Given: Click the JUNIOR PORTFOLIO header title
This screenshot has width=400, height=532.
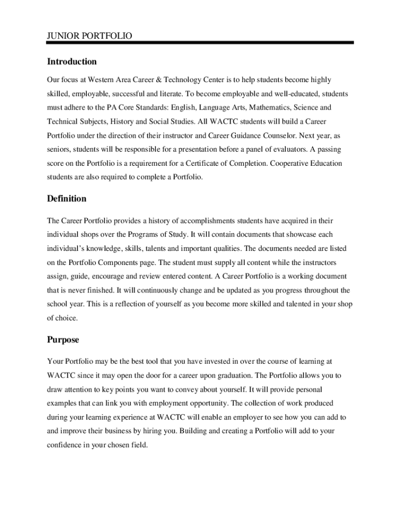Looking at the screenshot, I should point(89,35).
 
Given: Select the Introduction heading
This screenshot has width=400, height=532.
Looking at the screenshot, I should point(72,62).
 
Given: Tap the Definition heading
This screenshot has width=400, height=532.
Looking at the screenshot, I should point(66,199).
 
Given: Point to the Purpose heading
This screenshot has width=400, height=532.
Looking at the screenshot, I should point(63,340).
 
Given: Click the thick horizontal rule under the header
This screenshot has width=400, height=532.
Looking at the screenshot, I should point(200,43).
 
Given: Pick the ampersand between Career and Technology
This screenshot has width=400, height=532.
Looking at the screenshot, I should point(158,80).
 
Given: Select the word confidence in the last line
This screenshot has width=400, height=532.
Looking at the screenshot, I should point(65,445).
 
